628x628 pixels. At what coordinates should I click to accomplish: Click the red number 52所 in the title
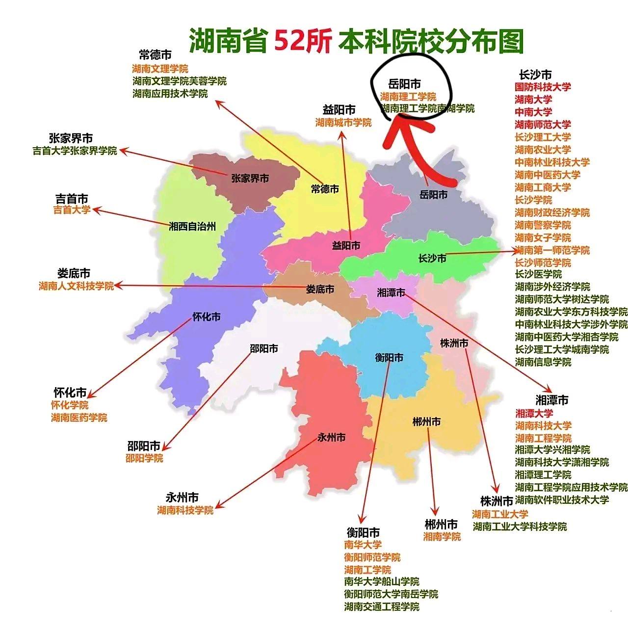[303, 40]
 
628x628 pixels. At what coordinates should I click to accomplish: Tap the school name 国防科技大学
[543, 87]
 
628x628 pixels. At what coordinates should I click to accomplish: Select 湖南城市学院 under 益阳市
[343, 123]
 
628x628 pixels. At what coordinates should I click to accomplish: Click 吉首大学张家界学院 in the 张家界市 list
[75, 151]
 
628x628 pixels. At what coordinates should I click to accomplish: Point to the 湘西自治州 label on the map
[192, 227]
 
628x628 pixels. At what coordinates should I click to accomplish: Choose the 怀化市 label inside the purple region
[206, 317]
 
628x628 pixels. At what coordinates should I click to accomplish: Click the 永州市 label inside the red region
[331, 437]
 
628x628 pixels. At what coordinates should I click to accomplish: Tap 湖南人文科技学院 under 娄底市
[76, 286]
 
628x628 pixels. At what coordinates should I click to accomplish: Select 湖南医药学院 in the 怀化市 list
[79, 418]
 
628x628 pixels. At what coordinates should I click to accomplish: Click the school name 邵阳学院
[144, 458]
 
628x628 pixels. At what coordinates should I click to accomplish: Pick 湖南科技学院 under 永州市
[185, 510]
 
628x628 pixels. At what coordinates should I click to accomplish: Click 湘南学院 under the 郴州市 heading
[442, 537]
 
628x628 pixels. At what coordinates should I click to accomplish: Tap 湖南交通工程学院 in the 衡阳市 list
[382, 607]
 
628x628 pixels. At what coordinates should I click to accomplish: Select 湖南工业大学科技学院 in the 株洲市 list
[520, 526]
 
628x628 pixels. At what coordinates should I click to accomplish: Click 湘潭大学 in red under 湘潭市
[534, 413]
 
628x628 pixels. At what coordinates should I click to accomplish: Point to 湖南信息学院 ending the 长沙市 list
[543, 362]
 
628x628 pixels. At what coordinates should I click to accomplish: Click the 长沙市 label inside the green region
[432, 258]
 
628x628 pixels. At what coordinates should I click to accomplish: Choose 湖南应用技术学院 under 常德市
[170, 93]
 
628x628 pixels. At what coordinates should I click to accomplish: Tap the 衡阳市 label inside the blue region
[389, 358]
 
